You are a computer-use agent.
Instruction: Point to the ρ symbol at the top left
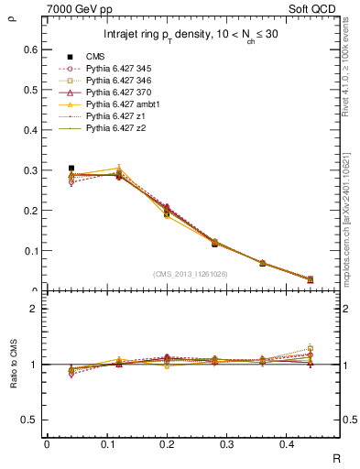[x=12, y=14]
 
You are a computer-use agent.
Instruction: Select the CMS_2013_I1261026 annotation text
[x=191, y=274]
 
